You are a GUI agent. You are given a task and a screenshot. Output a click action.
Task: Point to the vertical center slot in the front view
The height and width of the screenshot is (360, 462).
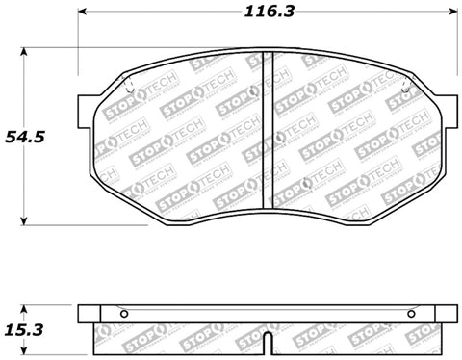coord(269,135)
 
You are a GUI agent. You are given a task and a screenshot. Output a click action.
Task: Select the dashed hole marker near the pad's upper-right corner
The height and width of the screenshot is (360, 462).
coord(404,93)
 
